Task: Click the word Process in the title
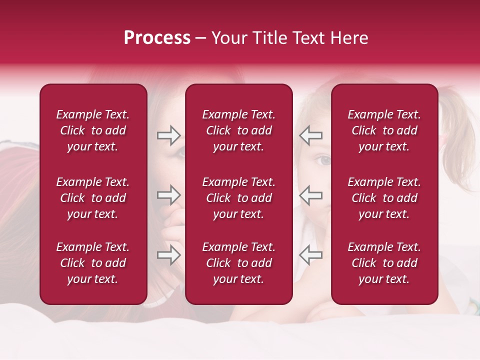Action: click(x=157, y=38)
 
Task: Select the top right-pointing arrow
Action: click(x=168, y=135)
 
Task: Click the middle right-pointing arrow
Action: click(x=168, y=195)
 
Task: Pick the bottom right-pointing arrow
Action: click(x=168, y=255)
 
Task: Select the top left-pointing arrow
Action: click(x=310, y=135)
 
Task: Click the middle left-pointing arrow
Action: click(x=310, y=195)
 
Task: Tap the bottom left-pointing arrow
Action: click(x=310, y=255)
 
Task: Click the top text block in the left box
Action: click(x=93, y=130)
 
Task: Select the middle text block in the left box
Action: click(x=93, y=198)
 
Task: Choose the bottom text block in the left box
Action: click(x=93, y=263)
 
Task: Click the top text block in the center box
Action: click(x=238, y=130)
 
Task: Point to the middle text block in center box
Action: click(x=238, y=198)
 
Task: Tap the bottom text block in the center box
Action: click(x=238, y=263)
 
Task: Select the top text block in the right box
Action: click(x=384, y=130)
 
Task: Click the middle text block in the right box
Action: click(x=384, y=198)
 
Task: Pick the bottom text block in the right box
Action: click(x=384, y=263)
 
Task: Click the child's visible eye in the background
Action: click(x=324, y=160)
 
